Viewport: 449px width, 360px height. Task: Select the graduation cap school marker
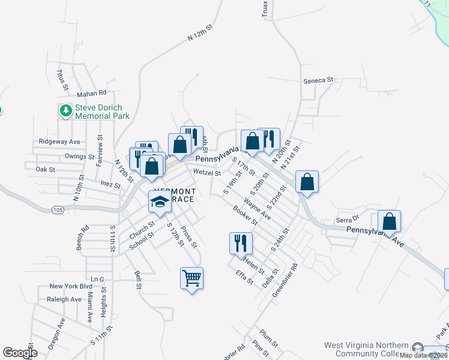160,202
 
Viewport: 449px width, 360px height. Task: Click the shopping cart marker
191,278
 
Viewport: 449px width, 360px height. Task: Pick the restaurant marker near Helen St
241,244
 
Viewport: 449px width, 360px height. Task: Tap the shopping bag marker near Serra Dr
390,221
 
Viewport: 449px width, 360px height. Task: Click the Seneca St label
318,80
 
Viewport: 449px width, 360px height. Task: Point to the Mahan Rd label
91,93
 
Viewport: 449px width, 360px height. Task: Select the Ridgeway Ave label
59,142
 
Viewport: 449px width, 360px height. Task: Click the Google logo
20,353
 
